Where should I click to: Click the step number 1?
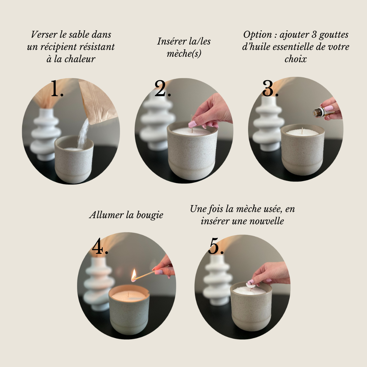click(57, 88)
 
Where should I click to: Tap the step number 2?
click(163, 88)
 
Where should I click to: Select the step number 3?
click(270, 88)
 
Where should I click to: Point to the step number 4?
click(100, 246)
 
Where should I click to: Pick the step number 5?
click(216, 246)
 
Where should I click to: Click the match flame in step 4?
click(134, 275)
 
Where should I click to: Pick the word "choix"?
click(296, 59)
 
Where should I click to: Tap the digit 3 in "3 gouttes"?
click(314, 35)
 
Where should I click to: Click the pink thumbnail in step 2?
click(193, 124)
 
